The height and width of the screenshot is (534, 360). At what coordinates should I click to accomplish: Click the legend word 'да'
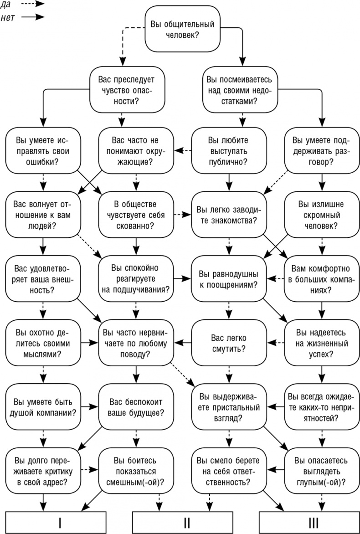tap(6, 4)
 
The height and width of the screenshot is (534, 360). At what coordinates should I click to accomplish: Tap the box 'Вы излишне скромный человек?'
tap(319, 214)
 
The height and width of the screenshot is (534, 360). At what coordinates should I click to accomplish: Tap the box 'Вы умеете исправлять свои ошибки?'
tap(42, 150)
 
